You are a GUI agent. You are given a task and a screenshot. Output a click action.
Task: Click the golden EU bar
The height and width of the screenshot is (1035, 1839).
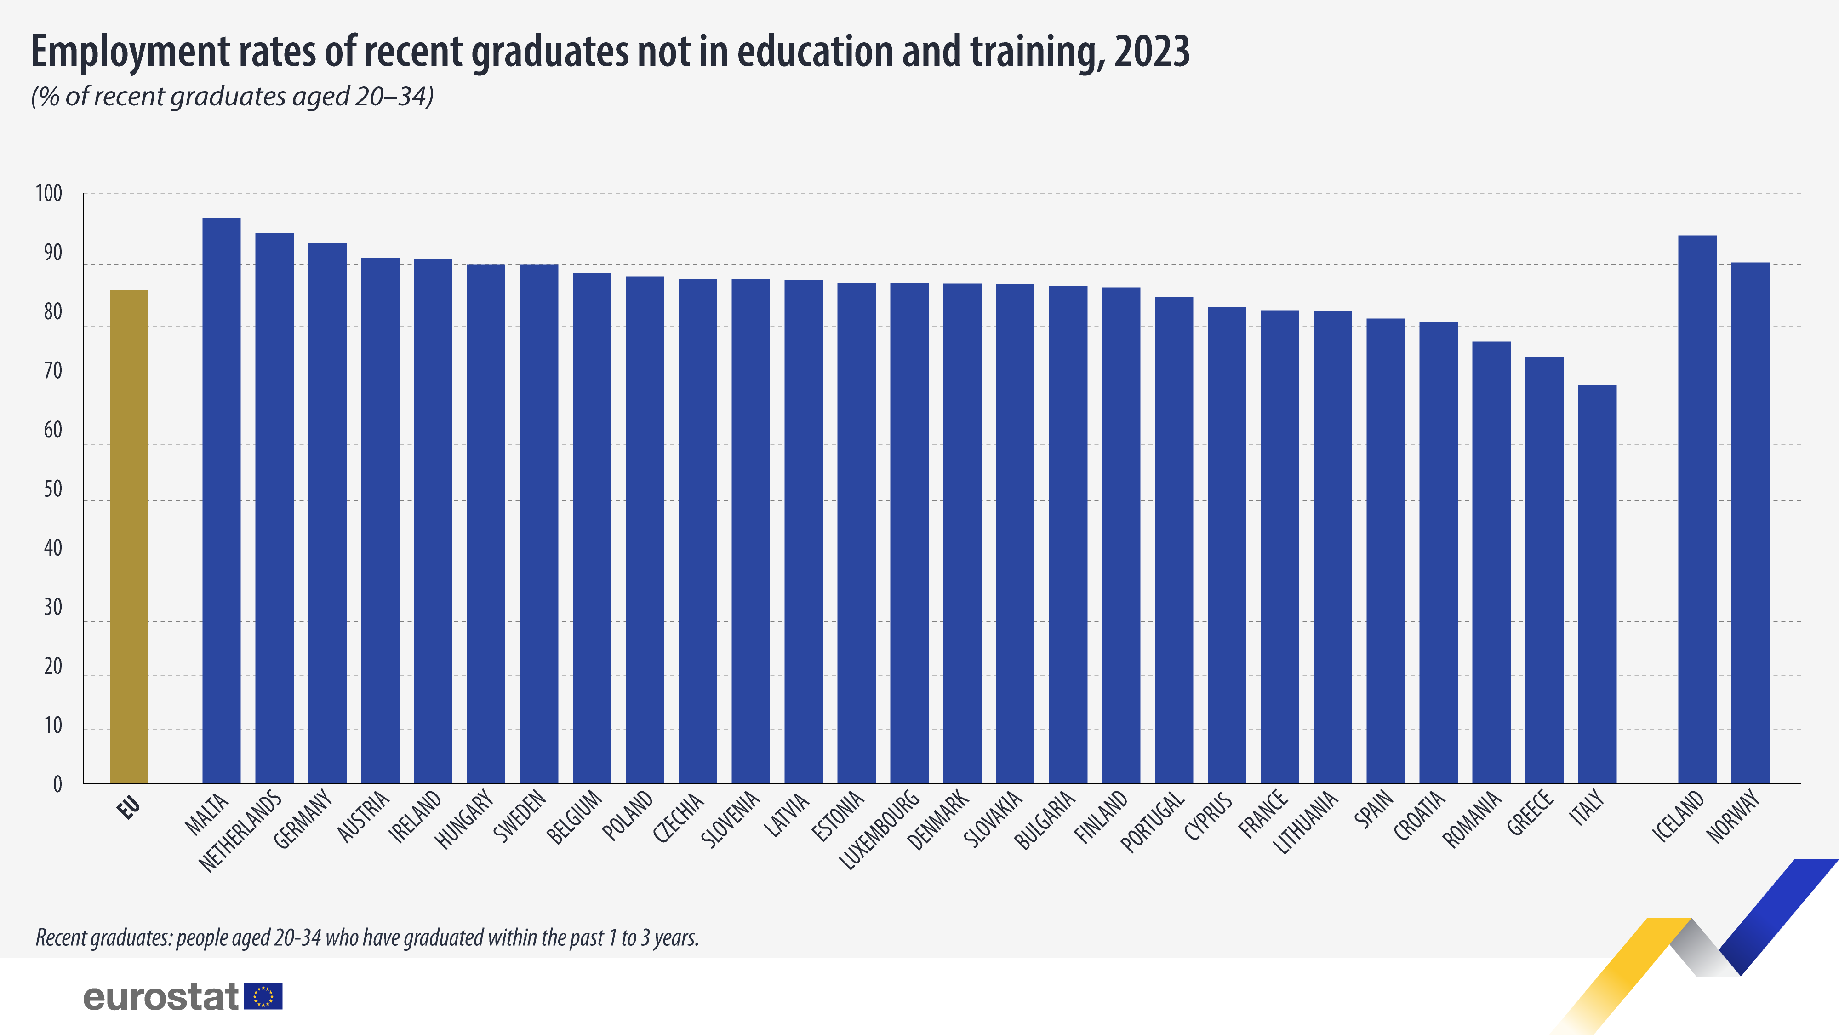coord(129,536)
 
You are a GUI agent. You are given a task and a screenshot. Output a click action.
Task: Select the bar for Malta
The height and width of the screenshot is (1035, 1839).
coord(221,500)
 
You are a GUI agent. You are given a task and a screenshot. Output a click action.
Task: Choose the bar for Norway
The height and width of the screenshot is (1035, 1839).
coord(1750,522)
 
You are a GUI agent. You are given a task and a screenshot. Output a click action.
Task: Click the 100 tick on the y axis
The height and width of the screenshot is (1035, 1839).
coord(49,194)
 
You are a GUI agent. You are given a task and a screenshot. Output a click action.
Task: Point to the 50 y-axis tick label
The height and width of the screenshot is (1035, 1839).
coord(53,489)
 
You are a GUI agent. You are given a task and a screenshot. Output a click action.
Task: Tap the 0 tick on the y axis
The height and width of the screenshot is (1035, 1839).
coord(57,784)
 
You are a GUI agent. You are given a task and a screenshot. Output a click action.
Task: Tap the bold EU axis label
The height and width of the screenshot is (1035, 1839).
coord(129,808)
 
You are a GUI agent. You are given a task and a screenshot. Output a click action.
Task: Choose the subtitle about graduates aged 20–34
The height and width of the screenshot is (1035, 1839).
coord(232,97)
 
